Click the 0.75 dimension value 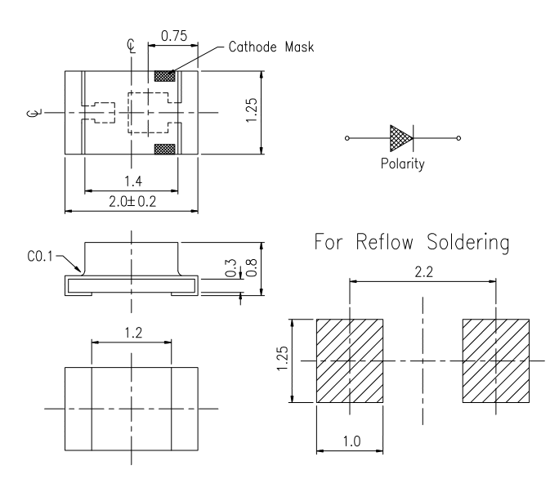pyautogui.click(x=174, y=36)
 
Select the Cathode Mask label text pyautogui.click(x=271, y=47)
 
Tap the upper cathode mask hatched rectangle pyautogui.click(x=165, y=76)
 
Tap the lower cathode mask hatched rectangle pyautogui.click(x=165, y=149)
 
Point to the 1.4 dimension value pyautogui.click(x=133, y=181)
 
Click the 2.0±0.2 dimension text pyautogui.click(x=132, y=201)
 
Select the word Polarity pyautogui.click(x=403, y=163)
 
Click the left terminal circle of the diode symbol pyautogui.click(x=347, y=138)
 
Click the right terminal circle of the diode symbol pyautogui.click(x=458, y=138)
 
